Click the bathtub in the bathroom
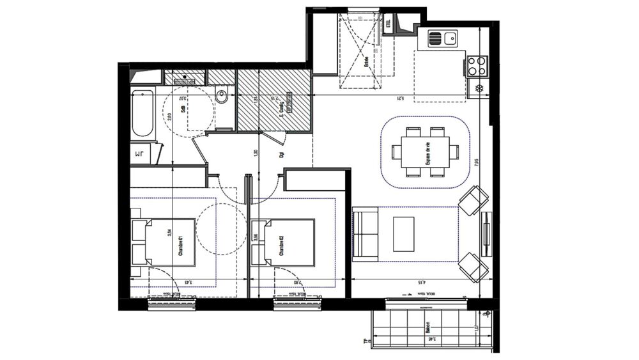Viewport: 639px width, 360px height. [x=142, y=113]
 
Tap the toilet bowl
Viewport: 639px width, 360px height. [x=222, y=97]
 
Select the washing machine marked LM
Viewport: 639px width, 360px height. [x=141, y=154]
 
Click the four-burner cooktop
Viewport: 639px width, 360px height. [x=477, y=65]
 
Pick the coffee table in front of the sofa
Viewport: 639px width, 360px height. [x=404, y=233]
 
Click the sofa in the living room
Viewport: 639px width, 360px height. [x=365, y=234]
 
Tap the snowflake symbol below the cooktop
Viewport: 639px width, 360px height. [x=478, y=88]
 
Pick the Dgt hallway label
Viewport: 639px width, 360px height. [x=281, y=154]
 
